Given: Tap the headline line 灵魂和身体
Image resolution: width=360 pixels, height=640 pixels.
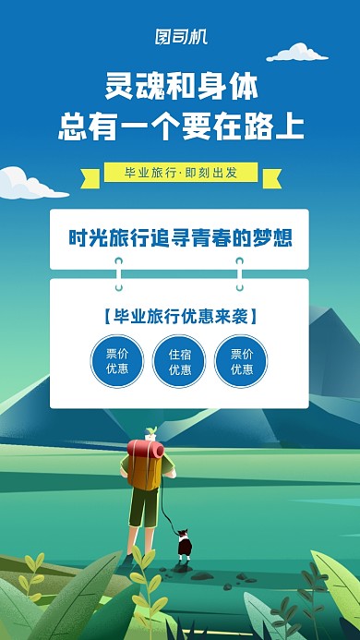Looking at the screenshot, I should [x=180, y=88].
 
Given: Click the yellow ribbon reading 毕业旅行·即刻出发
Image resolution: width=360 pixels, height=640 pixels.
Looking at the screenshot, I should [x=179, y=173].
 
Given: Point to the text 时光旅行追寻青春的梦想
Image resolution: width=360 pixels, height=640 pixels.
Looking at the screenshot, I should [x=180, y=237].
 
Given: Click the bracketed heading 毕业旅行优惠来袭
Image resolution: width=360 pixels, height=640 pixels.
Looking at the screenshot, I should [x=180, y=316].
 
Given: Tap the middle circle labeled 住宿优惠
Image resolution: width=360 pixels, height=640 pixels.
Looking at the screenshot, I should [x=179, y=361].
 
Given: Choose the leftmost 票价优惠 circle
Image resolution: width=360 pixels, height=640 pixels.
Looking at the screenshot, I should [x=117, y=361].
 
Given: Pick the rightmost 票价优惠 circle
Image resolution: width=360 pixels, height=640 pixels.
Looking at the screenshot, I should [x=241, y=361].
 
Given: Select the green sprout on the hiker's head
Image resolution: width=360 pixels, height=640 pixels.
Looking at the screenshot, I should [x=150, y=432].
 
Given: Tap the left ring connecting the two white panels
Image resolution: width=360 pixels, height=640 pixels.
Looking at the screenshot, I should [x=118, y=273].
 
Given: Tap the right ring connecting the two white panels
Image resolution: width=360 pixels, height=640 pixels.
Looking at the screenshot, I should [x=240, y=273].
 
